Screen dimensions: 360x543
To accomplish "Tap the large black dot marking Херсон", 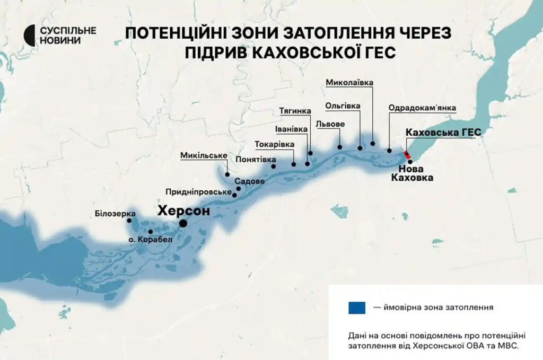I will click(183, 224).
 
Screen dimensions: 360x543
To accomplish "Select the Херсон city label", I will click(183, 210).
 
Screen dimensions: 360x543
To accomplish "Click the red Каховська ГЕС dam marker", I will click(407, 155).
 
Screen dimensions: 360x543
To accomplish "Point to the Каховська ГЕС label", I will click(442, 132).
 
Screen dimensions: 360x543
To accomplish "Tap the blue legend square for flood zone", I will click(356, 307).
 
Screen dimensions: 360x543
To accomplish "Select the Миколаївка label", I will click(349, 83).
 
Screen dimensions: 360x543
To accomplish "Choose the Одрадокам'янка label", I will click(422, 107).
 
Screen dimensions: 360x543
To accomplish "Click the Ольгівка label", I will click(343, 106).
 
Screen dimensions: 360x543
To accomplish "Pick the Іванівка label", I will click(291, 129).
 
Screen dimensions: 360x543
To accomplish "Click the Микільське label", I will click(204, 155).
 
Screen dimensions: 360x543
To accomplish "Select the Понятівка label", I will click(256, 159).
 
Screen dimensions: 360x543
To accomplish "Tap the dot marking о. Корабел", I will click(151, 232).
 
